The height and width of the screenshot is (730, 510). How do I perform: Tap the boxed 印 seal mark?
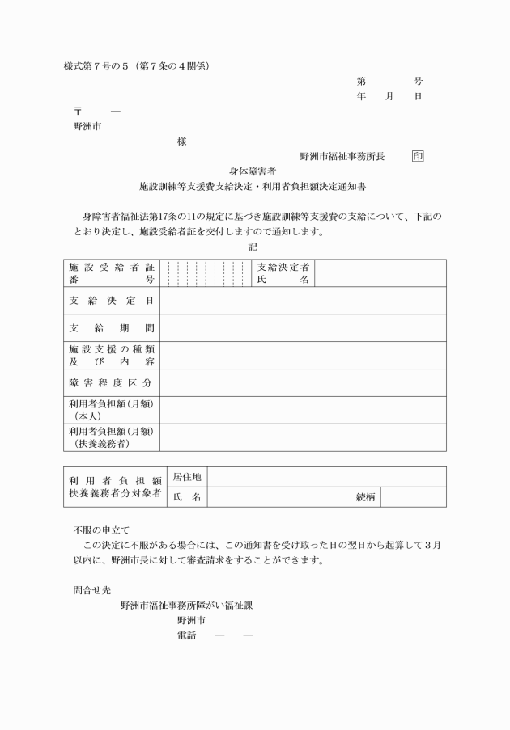tap(418, 156)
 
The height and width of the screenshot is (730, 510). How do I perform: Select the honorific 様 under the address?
tap(181, 141)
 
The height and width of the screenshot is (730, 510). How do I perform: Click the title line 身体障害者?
tap(253, 171)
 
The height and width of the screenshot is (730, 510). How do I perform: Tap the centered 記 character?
tap(253, 247)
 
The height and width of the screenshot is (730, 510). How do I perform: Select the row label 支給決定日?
tap(111, 301)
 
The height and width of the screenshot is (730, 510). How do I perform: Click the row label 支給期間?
tap(111, 328)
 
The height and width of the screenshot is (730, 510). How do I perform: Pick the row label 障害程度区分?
tap(111, 382)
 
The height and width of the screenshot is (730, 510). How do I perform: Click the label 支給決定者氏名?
tap(283, 273)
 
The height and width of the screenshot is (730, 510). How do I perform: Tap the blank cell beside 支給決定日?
tap(303, 301)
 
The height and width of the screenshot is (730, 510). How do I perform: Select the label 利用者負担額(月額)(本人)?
tap(111, 410)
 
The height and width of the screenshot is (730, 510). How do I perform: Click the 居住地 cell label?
tap(186, 478)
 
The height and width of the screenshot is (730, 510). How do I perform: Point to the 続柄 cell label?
tap(366, 497)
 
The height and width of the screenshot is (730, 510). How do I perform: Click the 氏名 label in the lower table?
tap(186, 497)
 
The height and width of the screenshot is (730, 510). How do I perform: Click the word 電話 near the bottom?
tap(186, 636)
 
